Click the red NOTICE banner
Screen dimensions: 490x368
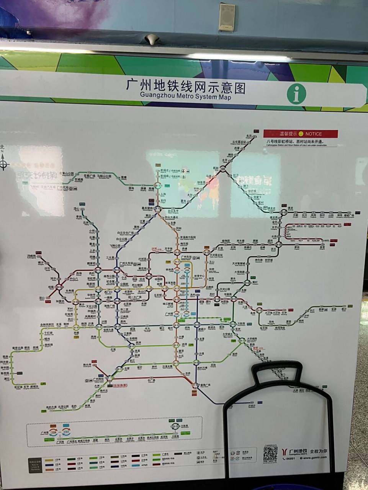(x=301, y=134)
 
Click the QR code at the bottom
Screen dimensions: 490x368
(x=270, y=454)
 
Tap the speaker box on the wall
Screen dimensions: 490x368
(x=227, y=17)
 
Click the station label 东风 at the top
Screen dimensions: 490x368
(x=249, y=136)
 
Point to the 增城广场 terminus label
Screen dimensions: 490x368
(x=349, y=216)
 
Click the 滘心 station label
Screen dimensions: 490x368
(x=77, y=209)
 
